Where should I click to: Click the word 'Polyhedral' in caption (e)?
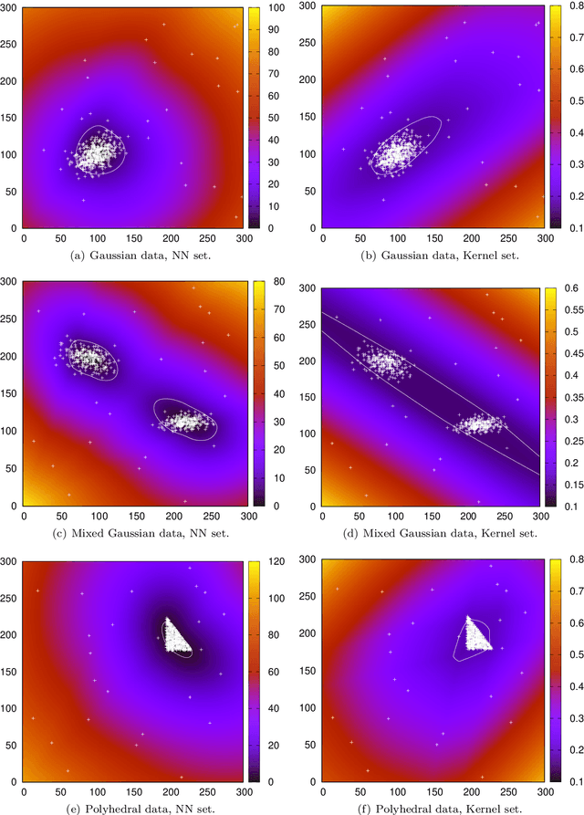click(x=96, y=806)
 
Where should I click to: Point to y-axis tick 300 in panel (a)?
click(x=11, y=7)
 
